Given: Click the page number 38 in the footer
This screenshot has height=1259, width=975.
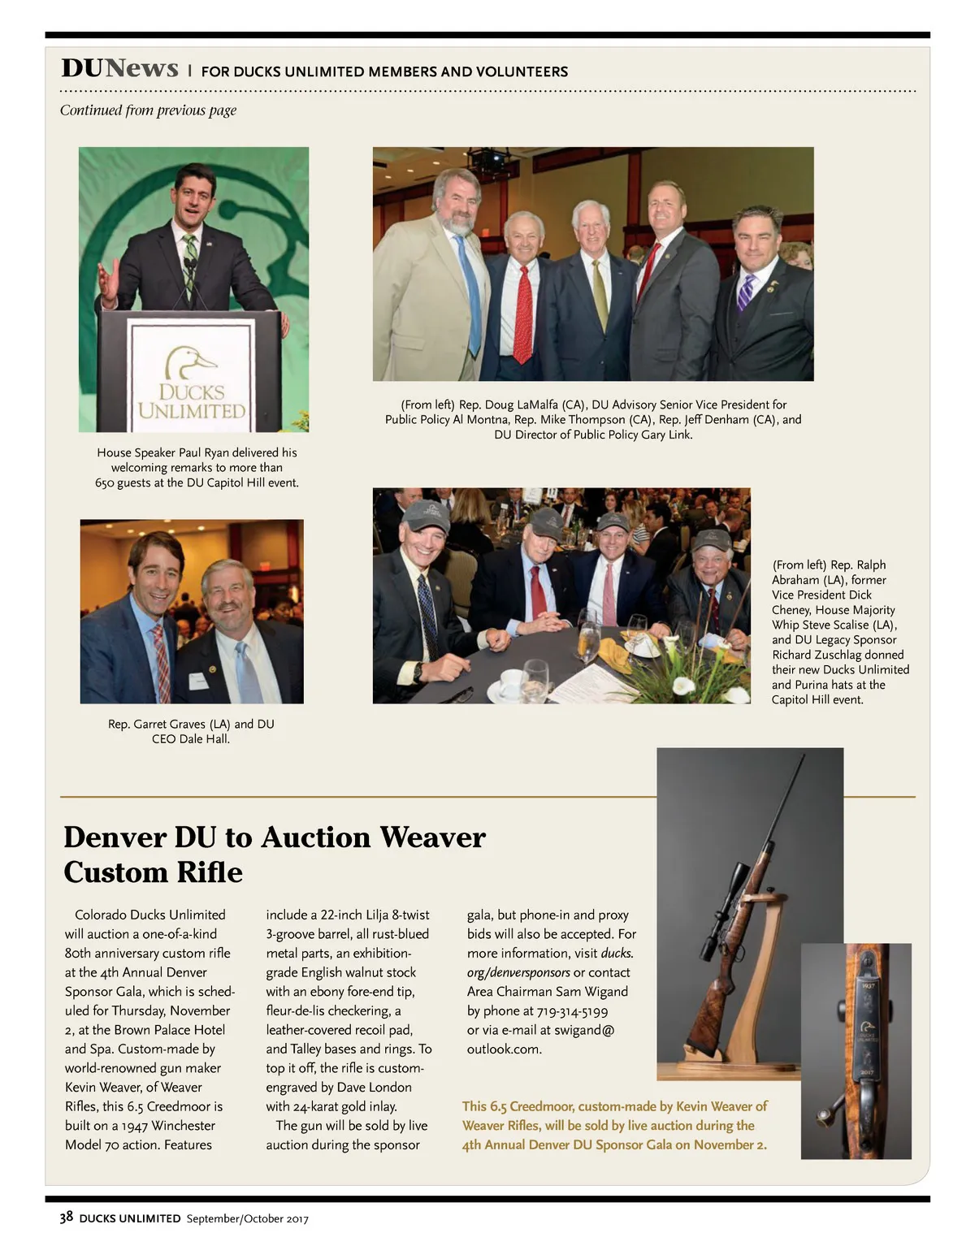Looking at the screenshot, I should click(x=67, y=1217).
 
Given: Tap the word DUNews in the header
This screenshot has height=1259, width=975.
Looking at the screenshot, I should click(x=119, y=68).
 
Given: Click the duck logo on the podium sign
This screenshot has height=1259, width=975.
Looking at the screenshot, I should click(x=191, y=362).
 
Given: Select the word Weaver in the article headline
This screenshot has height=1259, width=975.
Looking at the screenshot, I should click(x=431, y=837).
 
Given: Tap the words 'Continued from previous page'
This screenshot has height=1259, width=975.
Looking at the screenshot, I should click(x=148, y=110).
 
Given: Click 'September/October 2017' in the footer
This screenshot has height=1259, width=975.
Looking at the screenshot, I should click(x=247, y=1218).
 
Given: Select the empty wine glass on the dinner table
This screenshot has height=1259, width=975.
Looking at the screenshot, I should click(x=535, y=678).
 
